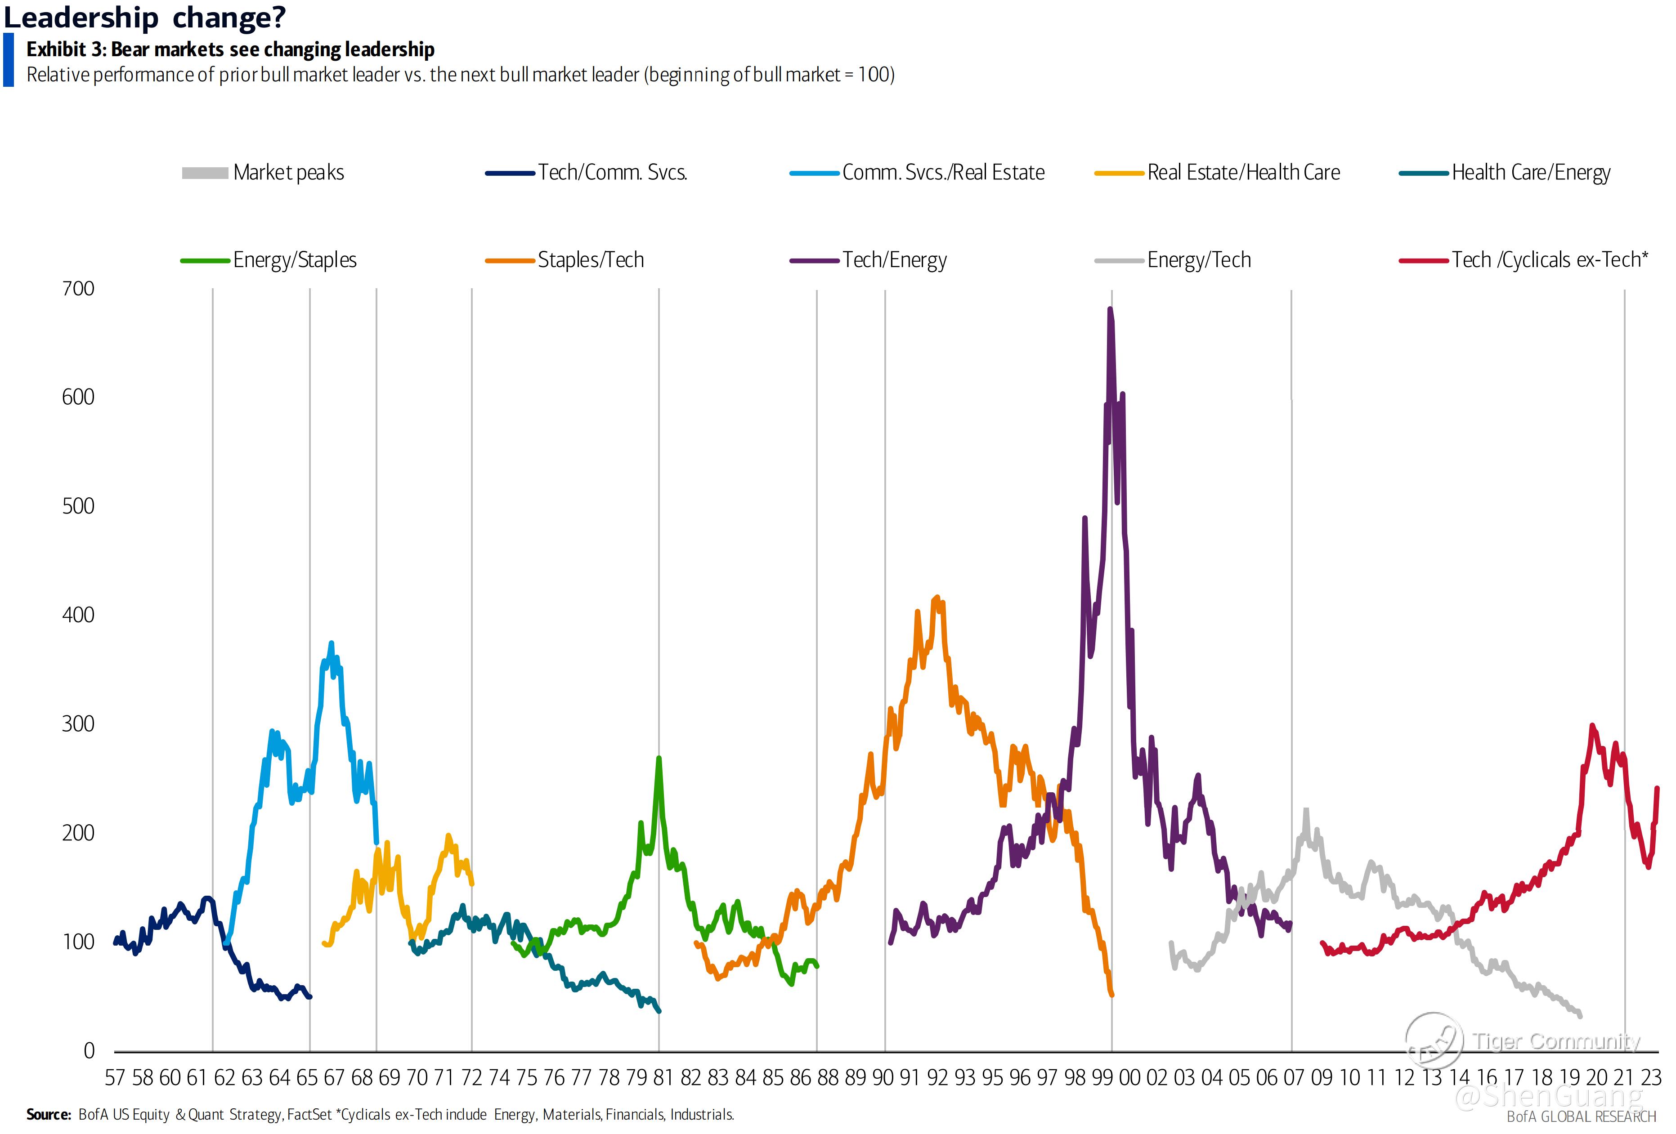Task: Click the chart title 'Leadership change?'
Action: pos(145,17)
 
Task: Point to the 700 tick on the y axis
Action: pos(78,288)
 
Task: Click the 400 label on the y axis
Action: pos(78,615)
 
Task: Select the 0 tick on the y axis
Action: pos(89,1050)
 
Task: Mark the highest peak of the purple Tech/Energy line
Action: pos(1110,309)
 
